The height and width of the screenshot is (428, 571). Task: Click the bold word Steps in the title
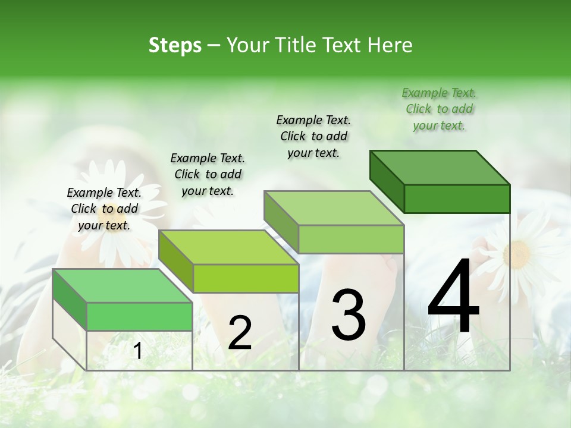[x=175, y=45]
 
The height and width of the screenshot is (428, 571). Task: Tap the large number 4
[x=454, y=298]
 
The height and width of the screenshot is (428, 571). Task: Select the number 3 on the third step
[x=349, y=315]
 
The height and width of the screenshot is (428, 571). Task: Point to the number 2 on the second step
[x=240, y=333]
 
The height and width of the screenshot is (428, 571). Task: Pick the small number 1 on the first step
[x=137, y=351]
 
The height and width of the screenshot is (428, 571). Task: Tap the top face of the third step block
[x=334, y=208]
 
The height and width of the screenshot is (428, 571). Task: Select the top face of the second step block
[x=229, y=247]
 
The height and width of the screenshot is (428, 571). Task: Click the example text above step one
[x=104, y=209]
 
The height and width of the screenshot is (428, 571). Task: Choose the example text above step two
[x=208, y=174]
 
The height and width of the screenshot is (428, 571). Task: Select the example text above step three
[x=313, y=136]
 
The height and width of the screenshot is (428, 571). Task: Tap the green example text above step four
[x=439, y=109]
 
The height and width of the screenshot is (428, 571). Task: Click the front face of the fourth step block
[x=457, y=199]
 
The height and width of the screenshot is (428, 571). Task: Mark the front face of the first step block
[x=139, y=316]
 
